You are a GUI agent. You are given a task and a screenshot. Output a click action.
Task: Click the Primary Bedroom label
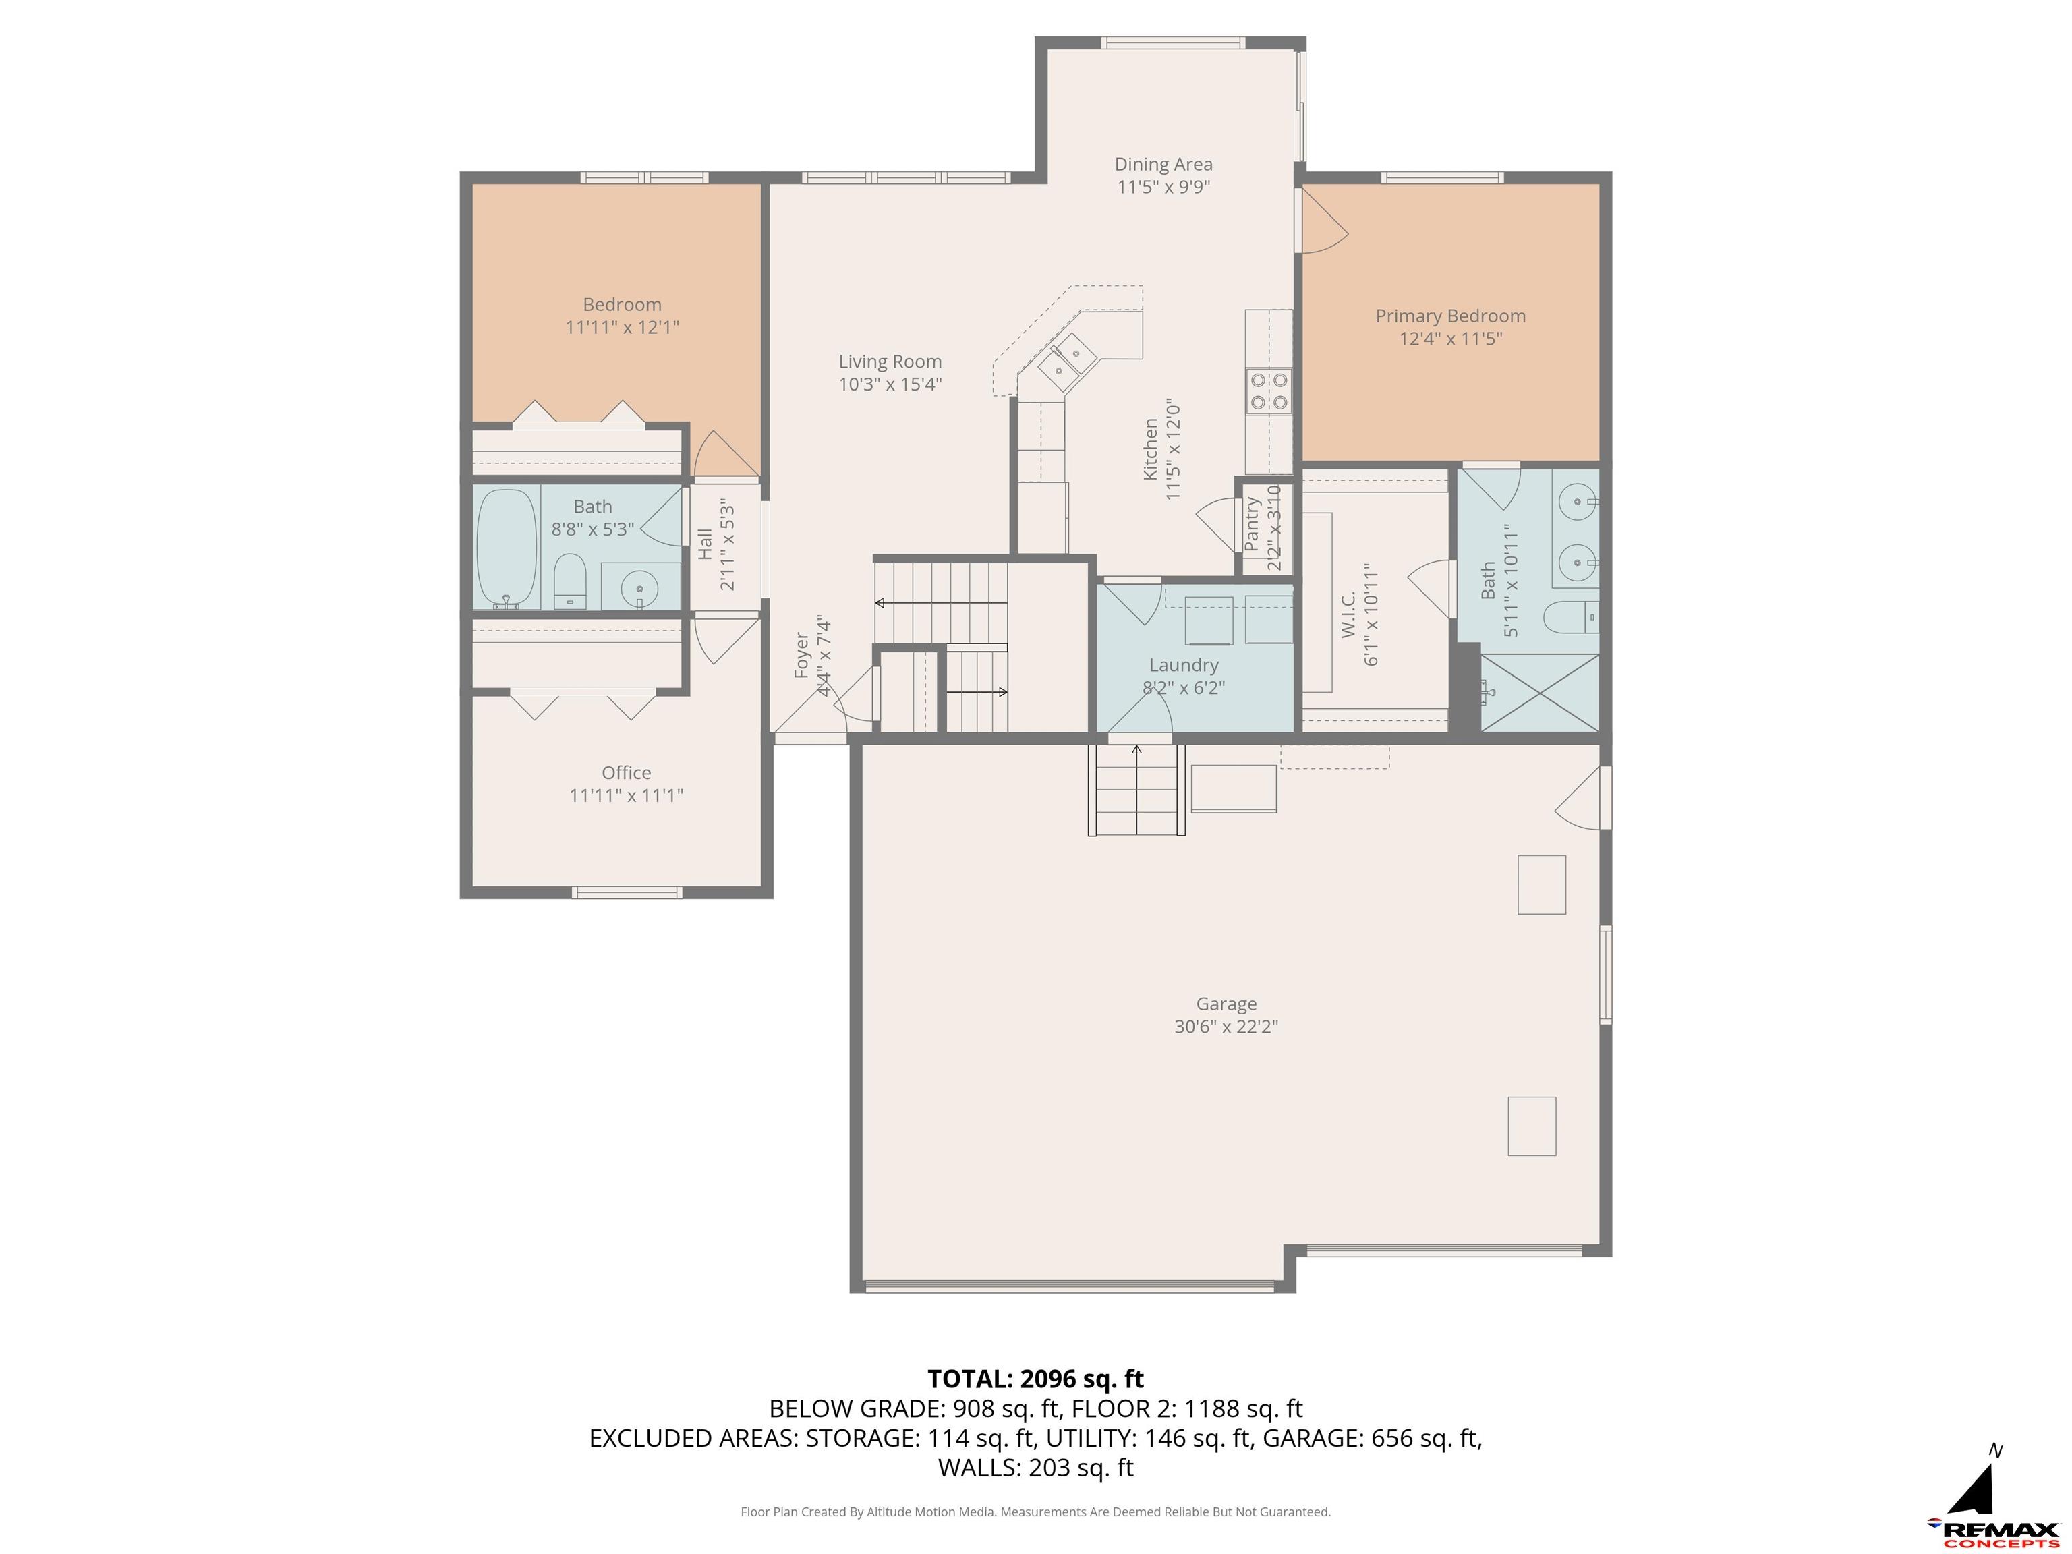[1450, 316]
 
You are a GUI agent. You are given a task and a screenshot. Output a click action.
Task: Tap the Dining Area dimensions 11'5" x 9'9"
[1163, 186]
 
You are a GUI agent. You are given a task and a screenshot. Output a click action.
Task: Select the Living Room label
[890, 362]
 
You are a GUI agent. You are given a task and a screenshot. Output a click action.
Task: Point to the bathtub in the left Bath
[507, 550]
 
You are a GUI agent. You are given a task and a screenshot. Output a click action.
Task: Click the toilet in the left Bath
[569, 581]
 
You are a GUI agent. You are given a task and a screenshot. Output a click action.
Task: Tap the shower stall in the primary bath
[1539, 692]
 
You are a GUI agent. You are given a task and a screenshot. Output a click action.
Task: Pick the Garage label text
[1226, 1003]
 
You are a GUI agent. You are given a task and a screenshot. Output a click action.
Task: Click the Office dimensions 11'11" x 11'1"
[627, 795]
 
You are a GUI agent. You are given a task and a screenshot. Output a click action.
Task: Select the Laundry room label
[1184, 665]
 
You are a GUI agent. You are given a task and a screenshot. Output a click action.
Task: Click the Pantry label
[1253, 525]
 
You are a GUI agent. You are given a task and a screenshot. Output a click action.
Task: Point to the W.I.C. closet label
[1349, 614]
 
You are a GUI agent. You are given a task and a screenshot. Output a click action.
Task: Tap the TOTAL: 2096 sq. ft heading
[1036, 1379]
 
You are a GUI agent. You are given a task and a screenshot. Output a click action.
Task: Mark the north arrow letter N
[1996, 1451]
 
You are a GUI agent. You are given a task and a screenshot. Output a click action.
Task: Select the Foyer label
[802, 655]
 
